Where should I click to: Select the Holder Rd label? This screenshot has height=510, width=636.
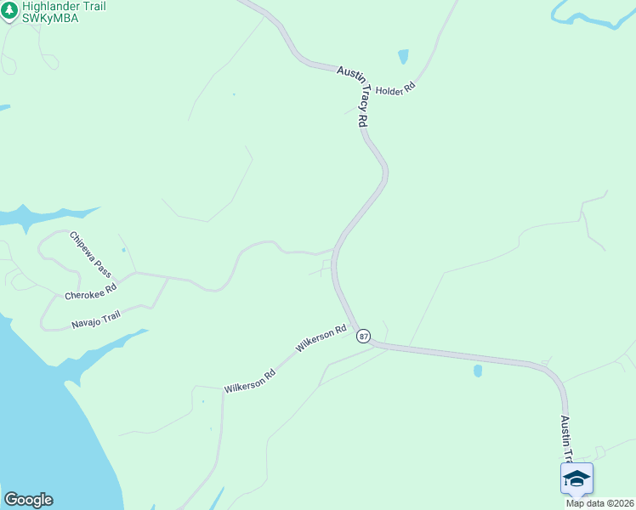[395, 89]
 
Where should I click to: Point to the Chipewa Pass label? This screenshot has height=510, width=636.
[91, 253]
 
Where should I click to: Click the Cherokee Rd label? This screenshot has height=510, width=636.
[91, 291]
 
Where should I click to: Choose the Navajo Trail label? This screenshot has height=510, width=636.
[96, 320]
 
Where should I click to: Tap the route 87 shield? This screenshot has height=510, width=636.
[364, 337]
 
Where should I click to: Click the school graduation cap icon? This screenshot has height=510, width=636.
[576, 479]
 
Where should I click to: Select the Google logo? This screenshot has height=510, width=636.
[28, 500]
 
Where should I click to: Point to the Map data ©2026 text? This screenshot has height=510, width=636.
[599, 502]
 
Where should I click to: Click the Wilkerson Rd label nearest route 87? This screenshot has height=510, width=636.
[321, 338]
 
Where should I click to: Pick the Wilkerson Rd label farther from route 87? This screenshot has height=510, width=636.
[249, 380]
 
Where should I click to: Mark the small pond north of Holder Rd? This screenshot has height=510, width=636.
[403, 57]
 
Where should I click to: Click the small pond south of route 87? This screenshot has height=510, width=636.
[478, 371]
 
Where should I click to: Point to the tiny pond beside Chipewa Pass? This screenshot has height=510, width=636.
[124, 250]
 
